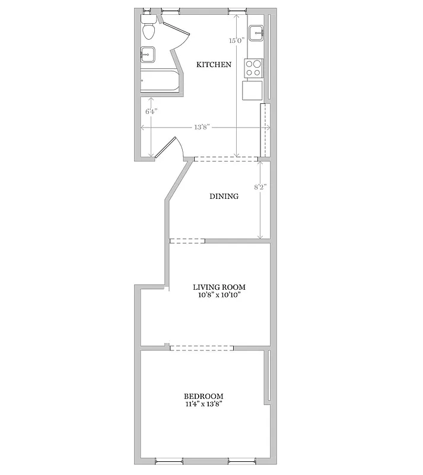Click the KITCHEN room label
(x=214, y=65)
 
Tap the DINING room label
(x=224, y=197)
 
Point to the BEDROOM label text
(x=203, y=397)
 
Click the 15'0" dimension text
(x=236, y=41)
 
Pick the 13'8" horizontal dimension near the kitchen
(x=202, y=127)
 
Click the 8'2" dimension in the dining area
(x=260, y=186)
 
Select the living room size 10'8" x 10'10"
(x=220, y=295)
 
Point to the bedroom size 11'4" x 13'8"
(x=203, y=405)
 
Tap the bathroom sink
(x=148, y=54)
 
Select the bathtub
(x=160, y=81)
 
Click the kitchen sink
(x=256, y=33)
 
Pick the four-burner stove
(x=253, y=68)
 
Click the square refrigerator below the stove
(x=252, y=90)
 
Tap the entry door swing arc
(x=174, y=148)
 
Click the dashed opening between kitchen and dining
(x=225, y=159)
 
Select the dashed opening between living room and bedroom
(x=201, y=347)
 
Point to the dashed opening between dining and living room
(x=187, y=241)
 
